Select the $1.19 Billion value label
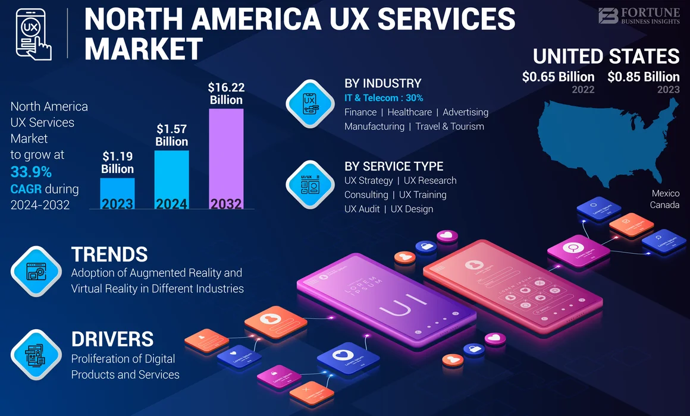click(x=118, y=162)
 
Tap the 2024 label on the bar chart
click(x=171, y=203)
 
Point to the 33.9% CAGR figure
click(x=31, y=173)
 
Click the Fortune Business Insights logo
click(x=639, y=15)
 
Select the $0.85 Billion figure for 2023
click(x=644, y=77)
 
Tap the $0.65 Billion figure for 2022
click(x=558, y=77)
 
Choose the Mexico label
click(x=665, y=194)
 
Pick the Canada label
click(x=664, y=205)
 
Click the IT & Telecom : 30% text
click(x=384, y=97)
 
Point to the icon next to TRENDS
click(x=36, y=271)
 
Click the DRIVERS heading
click(x=112, y=339)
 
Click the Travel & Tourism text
click(x=450, y=126)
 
